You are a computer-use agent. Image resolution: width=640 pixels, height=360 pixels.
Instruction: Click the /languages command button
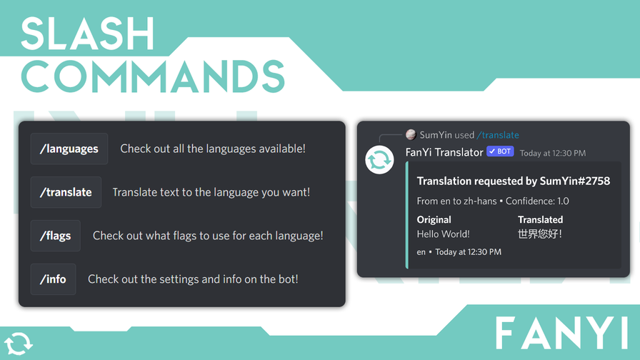pos(69,149)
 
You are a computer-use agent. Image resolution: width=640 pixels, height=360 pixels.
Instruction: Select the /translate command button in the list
pos(66,192)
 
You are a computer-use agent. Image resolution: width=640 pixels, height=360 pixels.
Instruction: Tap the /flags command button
pos(55,236)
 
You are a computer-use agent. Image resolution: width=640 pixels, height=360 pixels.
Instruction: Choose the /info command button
pos(53,279)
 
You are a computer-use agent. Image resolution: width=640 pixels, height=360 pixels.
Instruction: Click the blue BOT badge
pos(500,151)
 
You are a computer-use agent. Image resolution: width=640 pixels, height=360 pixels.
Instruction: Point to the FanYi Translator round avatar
pos(379,159)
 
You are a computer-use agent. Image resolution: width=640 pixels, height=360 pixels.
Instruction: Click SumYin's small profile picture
pos(411,135)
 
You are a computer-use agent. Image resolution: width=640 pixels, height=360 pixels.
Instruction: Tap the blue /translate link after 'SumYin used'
pos(498,135)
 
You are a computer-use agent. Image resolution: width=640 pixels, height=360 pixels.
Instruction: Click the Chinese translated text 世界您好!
pos(540,234)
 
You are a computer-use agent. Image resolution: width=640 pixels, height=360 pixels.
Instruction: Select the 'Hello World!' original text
pos(444,234)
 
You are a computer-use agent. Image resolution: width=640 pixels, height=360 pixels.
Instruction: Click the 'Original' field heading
pos(434,219)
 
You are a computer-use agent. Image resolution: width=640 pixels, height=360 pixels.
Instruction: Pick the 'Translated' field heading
pos(541,219)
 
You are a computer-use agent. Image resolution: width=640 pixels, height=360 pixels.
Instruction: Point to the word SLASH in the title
pos(88,34)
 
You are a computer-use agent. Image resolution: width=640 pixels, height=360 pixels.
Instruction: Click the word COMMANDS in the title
pos(153,76)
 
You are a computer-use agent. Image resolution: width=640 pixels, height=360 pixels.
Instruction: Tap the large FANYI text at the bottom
pos(561,333)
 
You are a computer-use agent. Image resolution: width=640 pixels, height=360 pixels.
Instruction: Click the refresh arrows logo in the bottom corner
pos(18,344)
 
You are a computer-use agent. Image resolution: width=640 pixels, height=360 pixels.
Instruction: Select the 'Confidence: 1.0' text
pos(537,201)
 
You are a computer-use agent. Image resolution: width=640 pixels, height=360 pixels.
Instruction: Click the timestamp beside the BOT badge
pos(553,153)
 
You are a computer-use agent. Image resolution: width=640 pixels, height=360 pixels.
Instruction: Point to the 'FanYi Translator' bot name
pos(444,152)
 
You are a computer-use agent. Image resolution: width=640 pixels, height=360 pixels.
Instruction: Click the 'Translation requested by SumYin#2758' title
pos(514,181)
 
